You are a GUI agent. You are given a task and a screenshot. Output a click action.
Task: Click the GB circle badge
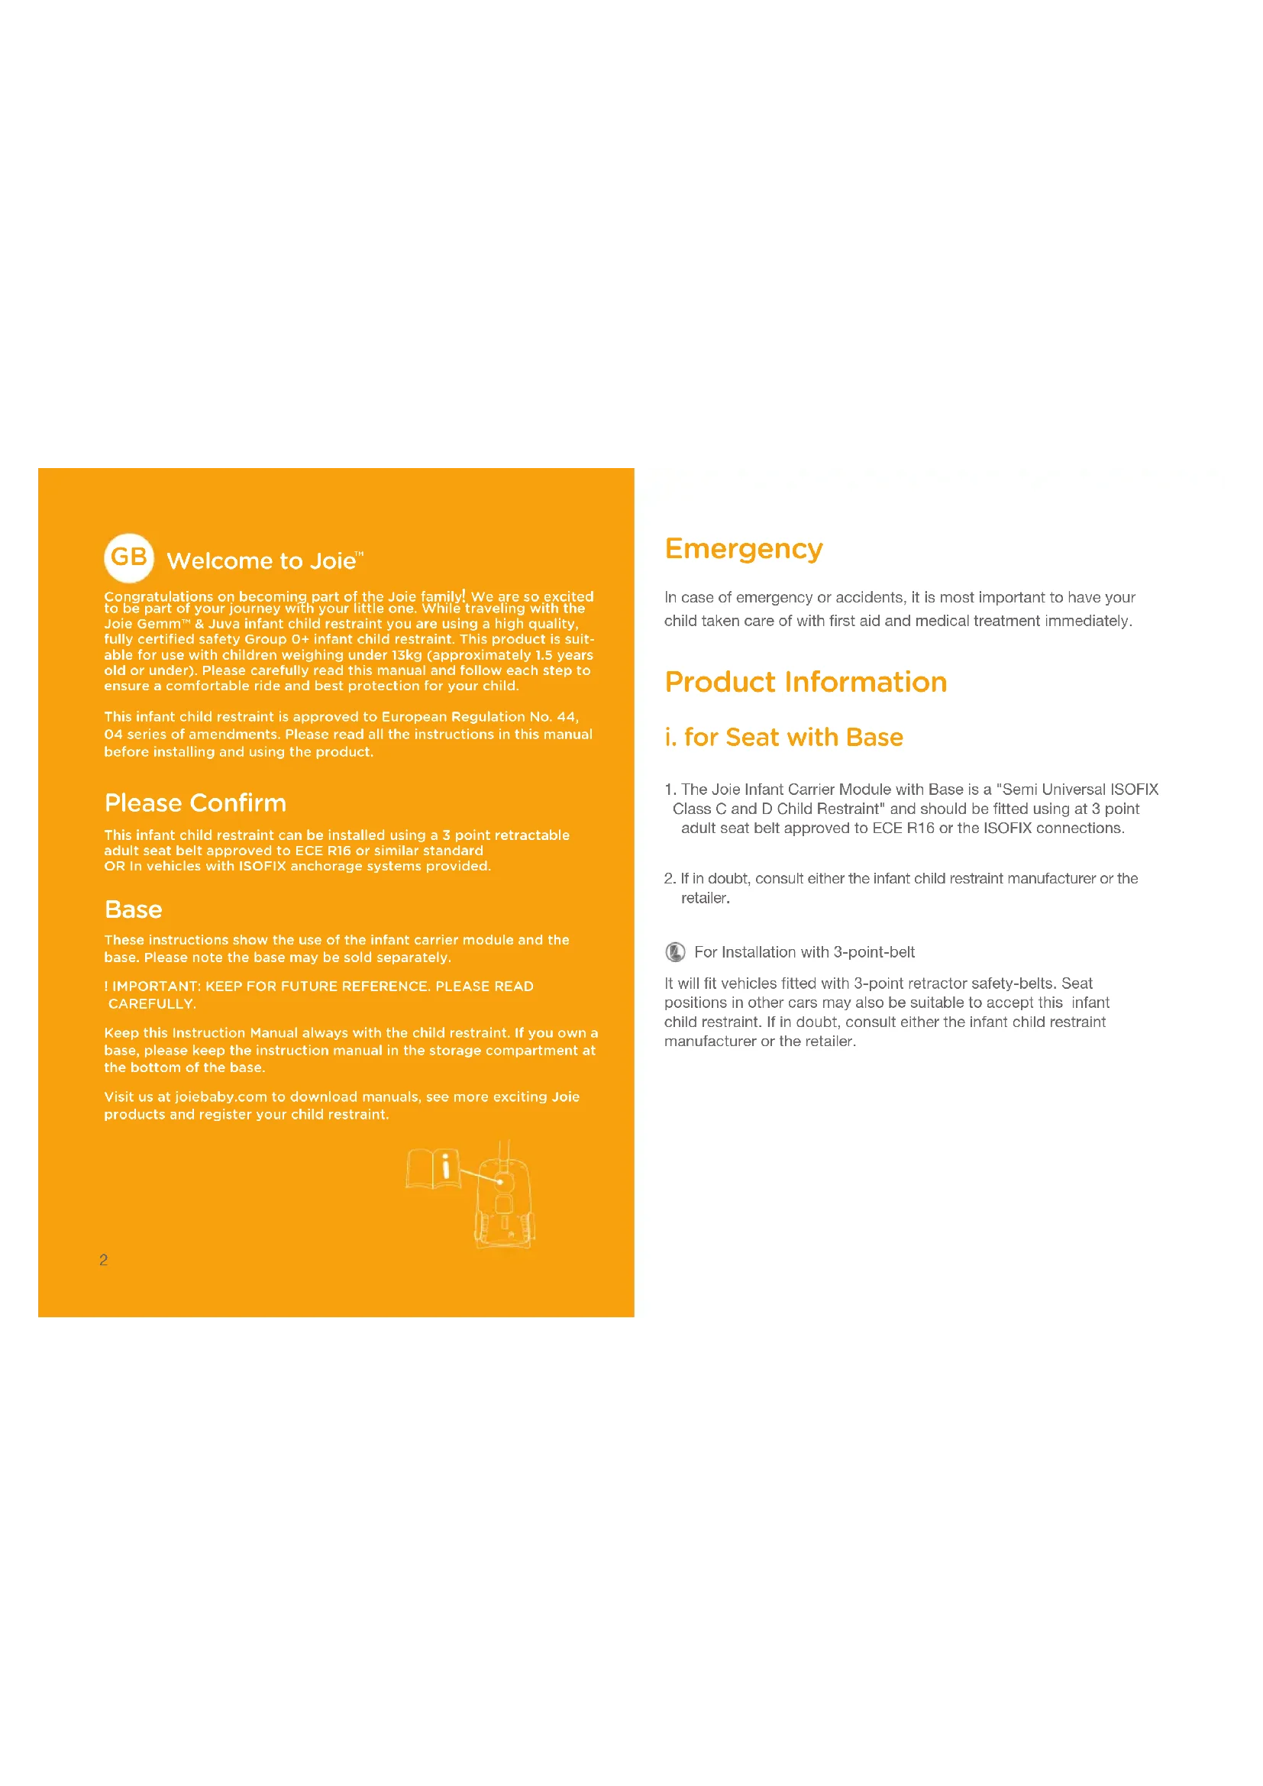click(129, 557)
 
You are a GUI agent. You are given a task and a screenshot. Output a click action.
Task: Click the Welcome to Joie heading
click(264, 561)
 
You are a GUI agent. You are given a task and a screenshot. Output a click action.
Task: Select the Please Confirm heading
click(195, 803)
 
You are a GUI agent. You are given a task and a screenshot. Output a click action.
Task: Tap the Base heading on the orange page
click(134, 909)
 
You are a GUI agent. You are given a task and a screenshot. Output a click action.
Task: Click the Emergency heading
click(744, 549)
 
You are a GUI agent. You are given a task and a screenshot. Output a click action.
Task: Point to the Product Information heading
click(806, 682)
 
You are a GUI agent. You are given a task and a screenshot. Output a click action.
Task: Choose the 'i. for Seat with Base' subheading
click(783, 737)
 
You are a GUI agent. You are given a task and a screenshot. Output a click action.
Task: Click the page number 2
click(103, 1259)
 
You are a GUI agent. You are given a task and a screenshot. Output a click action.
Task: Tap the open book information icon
click(433, 1168)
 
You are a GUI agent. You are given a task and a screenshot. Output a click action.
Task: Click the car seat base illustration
click(504, 1202)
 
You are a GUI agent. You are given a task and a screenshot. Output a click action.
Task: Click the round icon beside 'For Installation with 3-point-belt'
click(675, 951)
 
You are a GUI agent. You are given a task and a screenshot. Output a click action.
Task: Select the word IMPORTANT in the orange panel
click(157, 987)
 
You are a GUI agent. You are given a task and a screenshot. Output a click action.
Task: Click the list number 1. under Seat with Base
click(670, 790)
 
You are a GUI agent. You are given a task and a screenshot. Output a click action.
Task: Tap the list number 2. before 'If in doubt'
click(670, 878)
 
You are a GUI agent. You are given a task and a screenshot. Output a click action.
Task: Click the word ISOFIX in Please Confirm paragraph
click(262, 866)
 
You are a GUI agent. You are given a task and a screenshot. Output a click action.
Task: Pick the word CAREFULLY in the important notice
click(152, 1003)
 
